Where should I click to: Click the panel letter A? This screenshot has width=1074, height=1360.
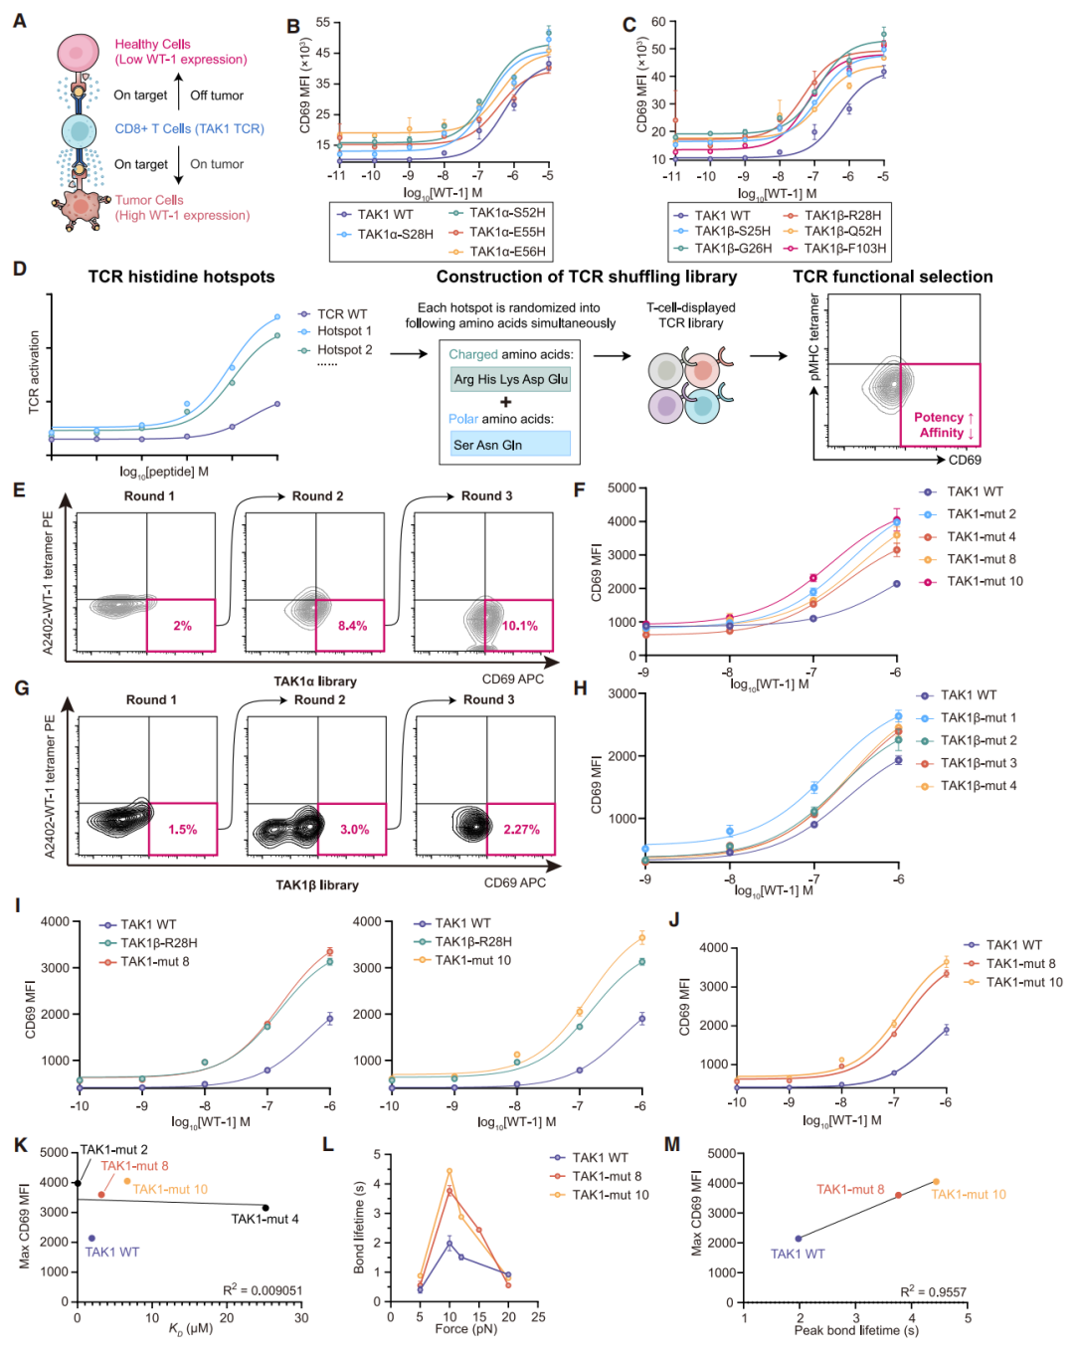coord(19,21)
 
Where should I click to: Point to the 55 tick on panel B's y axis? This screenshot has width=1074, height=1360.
coord(323,23)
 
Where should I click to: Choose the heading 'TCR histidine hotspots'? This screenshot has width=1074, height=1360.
coord(181,278)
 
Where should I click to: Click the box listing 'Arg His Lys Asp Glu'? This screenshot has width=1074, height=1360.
coord(510,379)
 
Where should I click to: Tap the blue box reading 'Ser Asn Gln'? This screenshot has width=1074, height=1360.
coord(510,445)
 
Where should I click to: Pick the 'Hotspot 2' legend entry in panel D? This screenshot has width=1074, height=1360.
coord(344,350)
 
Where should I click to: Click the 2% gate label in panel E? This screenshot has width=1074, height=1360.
coord(182,626)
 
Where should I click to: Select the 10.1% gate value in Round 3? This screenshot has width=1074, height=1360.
coord(519,626)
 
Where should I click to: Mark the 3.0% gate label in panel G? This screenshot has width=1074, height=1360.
coord(354,830)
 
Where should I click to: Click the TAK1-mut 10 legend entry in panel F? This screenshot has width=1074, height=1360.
coord(984,581)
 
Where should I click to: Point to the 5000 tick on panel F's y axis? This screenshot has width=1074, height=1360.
coord(622,487)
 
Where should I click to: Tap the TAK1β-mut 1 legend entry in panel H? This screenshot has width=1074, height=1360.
coord(979,717)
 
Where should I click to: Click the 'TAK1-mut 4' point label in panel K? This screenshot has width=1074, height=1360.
coord(265,1219)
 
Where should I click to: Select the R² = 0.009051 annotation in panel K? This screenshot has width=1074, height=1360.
coord(263,1290)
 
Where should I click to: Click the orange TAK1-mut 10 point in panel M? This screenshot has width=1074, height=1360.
coord(936,1182)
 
